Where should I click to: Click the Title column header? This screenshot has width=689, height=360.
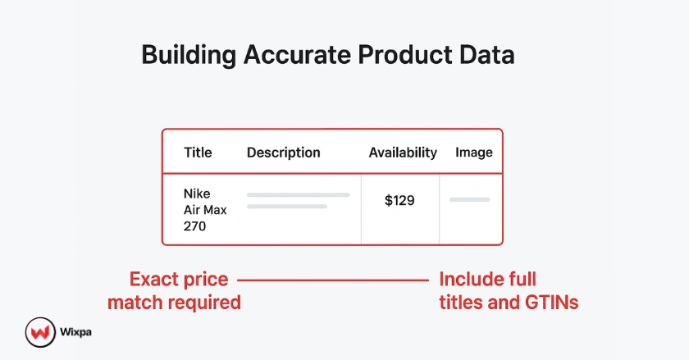198,153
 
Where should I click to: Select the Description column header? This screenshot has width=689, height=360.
283,153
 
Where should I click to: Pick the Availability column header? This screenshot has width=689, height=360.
403,153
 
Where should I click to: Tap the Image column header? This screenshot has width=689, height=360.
474,153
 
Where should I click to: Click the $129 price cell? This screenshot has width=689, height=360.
399,200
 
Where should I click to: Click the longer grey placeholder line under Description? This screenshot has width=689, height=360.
299,195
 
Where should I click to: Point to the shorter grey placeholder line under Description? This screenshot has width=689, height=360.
287,206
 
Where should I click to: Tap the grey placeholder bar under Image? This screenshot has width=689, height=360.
469,199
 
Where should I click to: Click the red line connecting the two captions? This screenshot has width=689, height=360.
333,280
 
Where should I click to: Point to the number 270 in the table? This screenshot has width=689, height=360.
195,226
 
